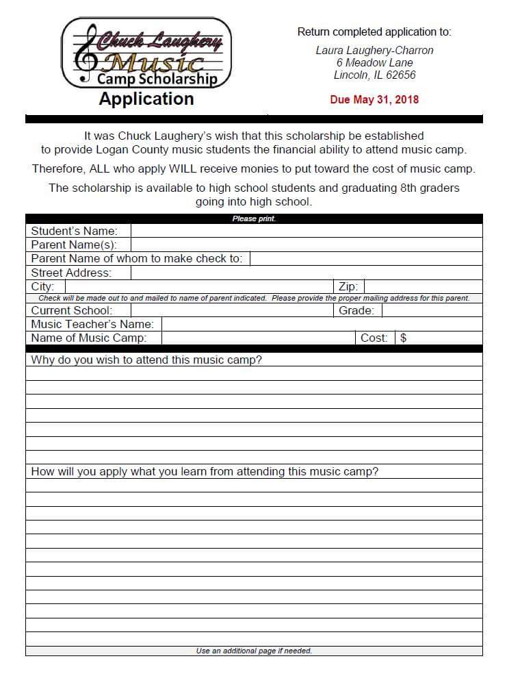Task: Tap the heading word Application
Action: pyautogui.click(x=146, y=99)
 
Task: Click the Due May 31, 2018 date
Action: pyautogui.click(x=374, y=99)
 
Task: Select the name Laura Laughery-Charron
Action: pyautogui.click(x=374, y=51)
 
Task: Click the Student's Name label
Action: pyautogui.click(x=74, y=231)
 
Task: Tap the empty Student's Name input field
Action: pyautogui.click(x=306, y=231)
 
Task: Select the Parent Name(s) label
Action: pyautogui.click(x=74, y=245)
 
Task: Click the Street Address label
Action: pyautogui.click(x=71, y=273)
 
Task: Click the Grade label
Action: pyautogui.click(x=356, y=310)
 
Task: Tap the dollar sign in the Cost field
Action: pyautogui.click(x=404, y=338)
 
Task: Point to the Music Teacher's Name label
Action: pyautogui.click(x=92, y=324)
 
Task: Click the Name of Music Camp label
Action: pyautogui.click(x=88, y=338)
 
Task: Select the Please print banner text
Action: pyautogui.click(x=254, y=219)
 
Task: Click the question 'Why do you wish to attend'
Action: pyautogui.click(x=146, y=360)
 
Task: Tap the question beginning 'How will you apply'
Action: pyautogui.click(x=205, y=471)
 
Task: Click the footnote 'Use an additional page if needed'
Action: pyautogui.click(x=254, y=651)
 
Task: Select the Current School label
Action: pyautogui.click(x=71, y=310)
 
